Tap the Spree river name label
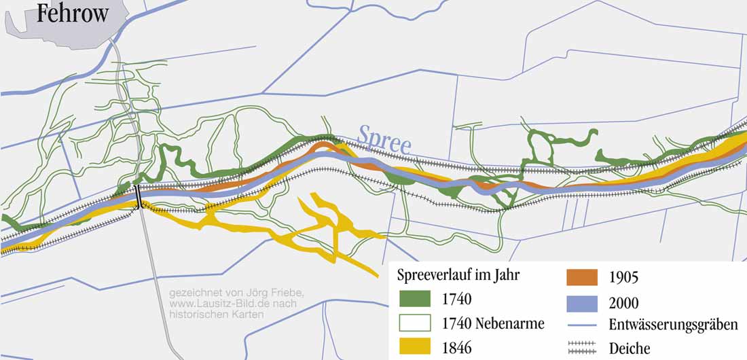tap(384, 139)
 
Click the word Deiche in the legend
tap(630, 348)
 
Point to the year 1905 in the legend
tap(624, 278)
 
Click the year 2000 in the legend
tap(624, 303)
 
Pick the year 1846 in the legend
tap(456, 348)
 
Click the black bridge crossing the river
tap(139, 197)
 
